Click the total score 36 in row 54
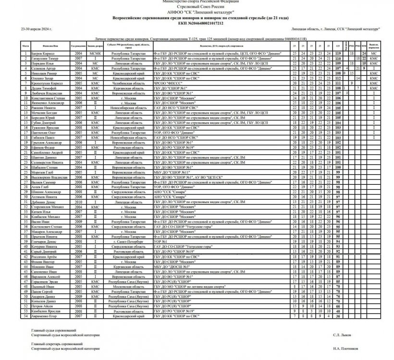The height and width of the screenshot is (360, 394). (337, 316)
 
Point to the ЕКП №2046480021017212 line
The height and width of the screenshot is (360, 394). (197, 22)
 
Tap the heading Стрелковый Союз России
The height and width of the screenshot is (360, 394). (197, 7)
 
